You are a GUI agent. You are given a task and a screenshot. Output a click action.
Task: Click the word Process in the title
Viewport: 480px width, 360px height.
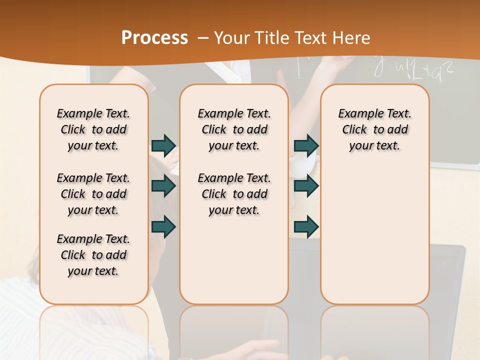[x=154, y=38]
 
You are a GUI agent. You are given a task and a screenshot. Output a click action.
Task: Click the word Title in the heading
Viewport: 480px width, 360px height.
[x=271, y=38]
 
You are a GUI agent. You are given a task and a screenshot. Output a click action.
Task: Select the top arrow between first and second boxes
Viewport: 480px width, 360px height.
[x=163, y=145]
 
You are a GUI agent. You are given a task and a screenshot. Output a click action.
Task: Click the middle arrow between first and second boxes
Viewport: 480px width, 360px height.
[x=163, y=186]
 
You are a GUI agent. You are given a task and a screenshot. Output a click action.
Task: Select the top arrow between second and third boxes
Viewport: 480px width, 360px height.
[x=306, y=145]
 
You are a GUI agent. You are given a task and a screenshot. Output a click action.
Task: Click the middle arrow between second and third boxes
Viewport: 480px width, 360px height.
[x=306, y=186]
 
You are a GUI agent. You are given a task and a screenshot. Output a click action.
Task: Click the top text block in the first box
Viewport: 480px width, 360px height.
[x=93, y=129]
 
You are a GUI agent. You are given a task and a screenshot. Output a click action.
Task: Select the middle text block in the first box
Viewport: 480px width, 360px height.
[x=93, y=194]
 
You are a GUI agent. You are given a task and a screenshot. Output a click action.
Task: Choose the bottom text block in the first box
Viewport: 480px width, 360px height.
[x=93, y=255]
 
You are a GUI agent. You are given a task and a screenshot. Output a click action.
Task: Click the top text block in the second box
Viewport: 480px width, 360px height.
[x=234, y=129]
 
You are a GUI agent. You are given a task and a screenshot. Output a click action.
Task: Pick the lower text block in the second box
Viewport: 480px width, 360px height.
[x=234, y=194]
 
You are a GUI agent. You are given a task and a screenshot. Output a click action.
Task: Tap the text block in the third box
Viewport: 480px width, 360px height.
[x=374, y=129]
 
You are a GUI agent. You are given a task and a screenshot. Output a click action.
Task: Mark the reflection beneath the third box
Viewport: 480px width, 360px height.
[x=374, y=330]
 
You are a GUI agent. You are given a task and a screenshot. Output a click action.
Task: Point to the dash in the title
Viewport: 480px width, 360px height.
[x=202, y=38]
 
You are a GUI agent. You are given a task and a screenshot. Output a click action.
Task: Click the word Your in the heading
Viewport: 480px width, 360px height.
[x=232, y=38]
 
